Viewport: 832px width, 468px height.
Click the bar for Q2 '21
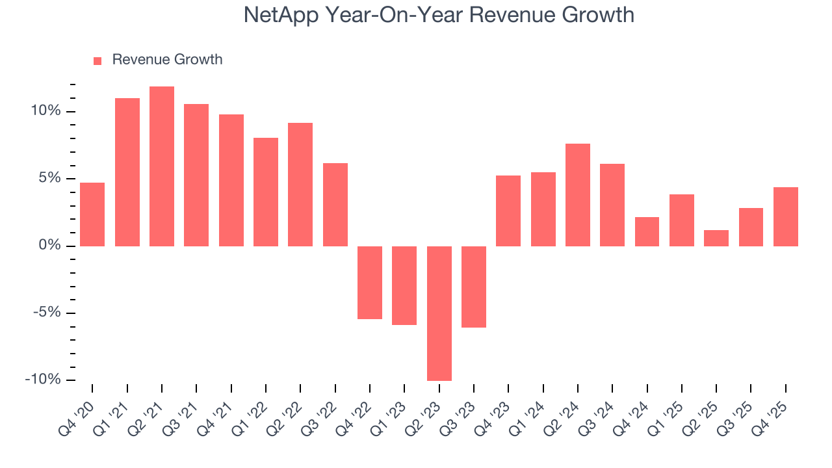162,166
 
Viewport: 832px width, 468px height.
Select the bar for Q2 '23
439,313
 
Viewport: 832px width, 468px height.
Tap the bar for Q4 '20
92,214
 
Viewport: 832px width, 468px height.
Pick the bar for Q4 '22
370,283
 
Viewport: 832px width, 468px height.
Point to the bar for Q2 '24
578,195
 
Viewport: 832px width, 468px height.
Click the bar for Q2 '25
716,238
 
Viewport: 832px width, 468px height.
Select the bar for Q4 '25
786,216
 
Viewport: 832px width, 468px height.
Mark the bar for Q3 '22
335,205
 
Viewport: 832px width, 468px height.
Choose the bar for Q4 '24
647,231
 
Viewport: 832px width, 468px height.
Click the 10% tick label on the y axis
45,111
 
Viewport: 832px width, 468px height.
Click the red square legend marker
97,60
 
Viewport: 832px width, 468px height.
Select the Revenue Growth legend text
167,60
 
